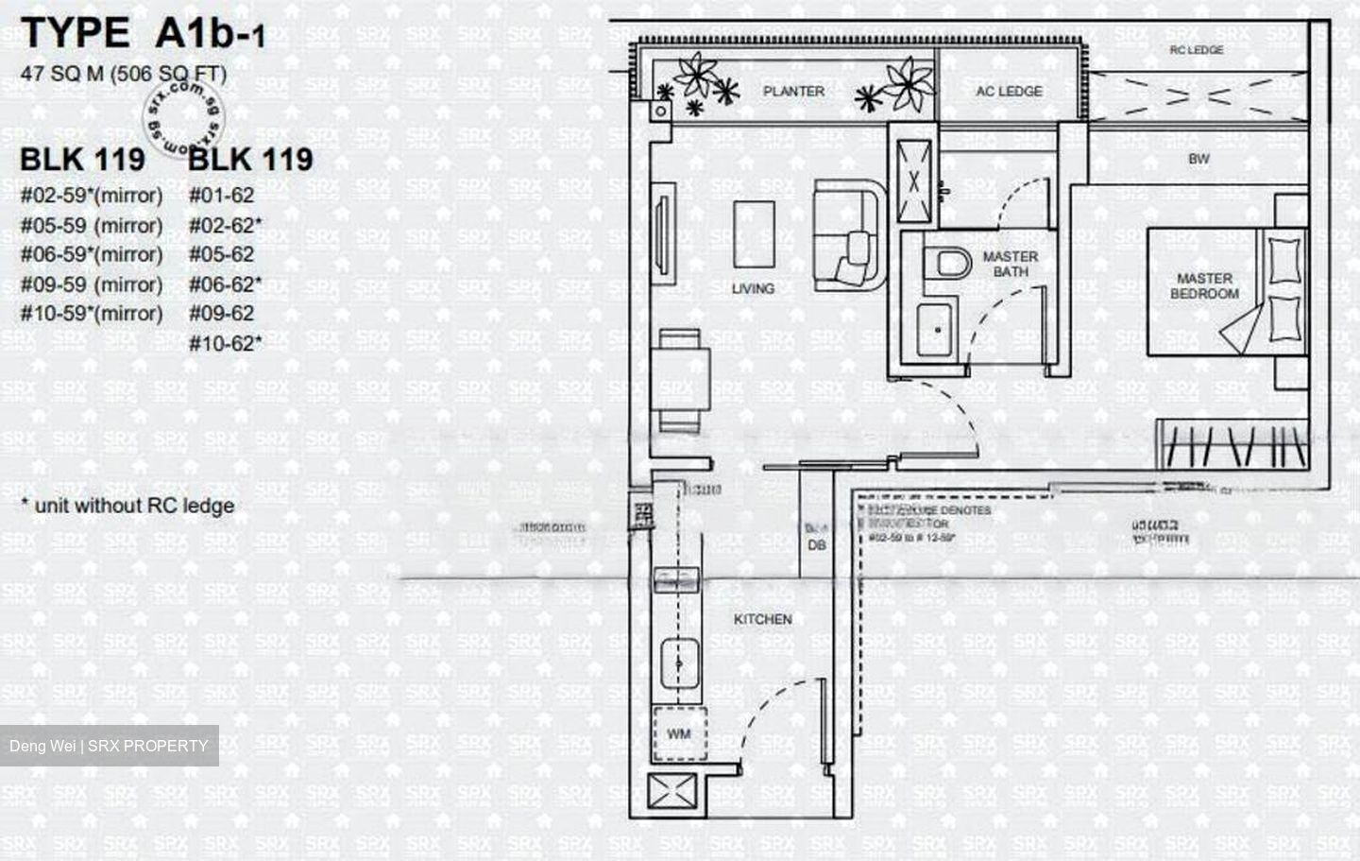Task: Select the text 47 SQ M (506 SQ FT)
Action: click(x=123, y=74)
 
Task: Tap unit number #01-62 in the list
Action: click(x=222, y=196)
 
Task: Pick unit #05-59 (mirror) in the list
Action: click(x=92, y=226)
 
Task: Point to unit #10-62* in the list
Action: click(x=226, y=343)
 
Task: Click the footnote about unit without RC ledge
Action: click(x=127, y=506)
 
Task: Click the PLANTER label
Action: click(x=793, y=91)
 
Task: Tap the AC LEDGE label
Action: click(x=1009, y=91)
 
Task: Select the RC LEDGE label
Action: click(x=1196, y=50)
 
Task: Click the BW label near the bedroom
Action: click(x=1198, y=159)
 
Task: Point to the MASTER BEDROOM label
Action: click(x=1204, y=285)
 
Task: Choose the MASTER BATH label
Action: click(x=1010, y=264)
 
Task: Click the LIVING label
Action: click(x=753, y=288)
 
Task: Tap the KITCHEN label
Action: click(x=762, y=619)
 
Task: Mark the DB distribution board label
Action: click(x=817, y=545)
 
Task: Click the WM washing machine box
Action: click(x=678, y=733)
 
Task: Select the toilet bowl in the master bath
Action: click(x=951, y=263)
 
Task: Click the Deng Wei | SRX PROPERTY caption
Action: click(x=109, y=746)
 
